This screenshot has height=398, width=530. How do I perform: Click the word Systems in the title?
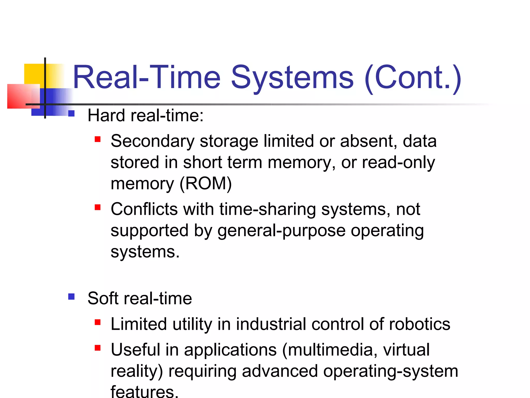tap(292, 78)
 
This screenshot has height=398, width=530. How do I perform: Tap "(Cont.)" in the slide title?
tap(413, 78)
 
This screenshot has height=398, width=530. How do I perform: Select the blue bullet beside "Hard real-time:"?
tap(71, 113)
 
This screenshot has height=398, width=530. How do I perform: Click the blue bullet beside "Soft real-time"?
tap(71, 296)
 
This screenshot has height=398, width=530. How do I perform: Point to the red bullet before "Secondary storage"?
tap(98, 139)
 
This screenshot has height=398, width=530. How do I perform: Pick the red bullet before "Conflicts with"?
tap(98, 207)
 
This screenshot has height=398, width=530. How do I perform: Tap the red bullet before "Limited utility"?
tap(98, 322)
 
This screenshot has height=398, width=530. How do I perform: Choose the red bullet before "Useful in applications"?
tap(98, 348)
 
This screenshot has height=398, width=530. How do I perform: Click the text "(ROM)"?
tap(205, 184)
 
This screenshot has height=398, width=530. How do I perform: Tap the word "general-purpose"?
tap(281, 231)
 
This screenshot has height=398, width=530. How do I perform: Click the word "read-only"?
tap(398, 163)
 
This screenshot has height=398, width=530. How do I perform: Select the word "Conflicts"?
tap(144, 209)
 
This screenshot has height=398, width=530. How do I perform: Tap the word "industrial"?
tap(271, 324)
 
